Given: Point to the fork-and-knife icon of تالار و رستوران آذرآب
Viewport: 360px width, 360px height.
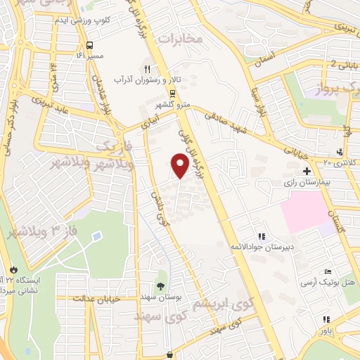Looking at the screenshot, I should coord(147,69).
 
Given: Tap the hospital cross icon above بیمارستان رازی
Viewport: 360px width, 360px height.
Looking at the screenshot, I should coord(306,171).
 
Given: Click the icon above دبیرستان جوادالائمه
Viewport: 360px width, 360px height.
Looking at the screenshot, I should coord(262,237).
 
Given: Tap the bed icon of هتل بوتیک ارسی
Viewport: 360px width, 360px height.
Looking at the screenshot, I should coord(327,272).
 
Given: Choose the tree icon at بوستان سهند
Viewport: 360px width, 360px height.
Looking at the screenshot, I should coord(161,285).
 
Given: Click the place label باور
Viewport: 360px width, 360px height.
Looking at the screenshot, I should coord(324,330).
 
